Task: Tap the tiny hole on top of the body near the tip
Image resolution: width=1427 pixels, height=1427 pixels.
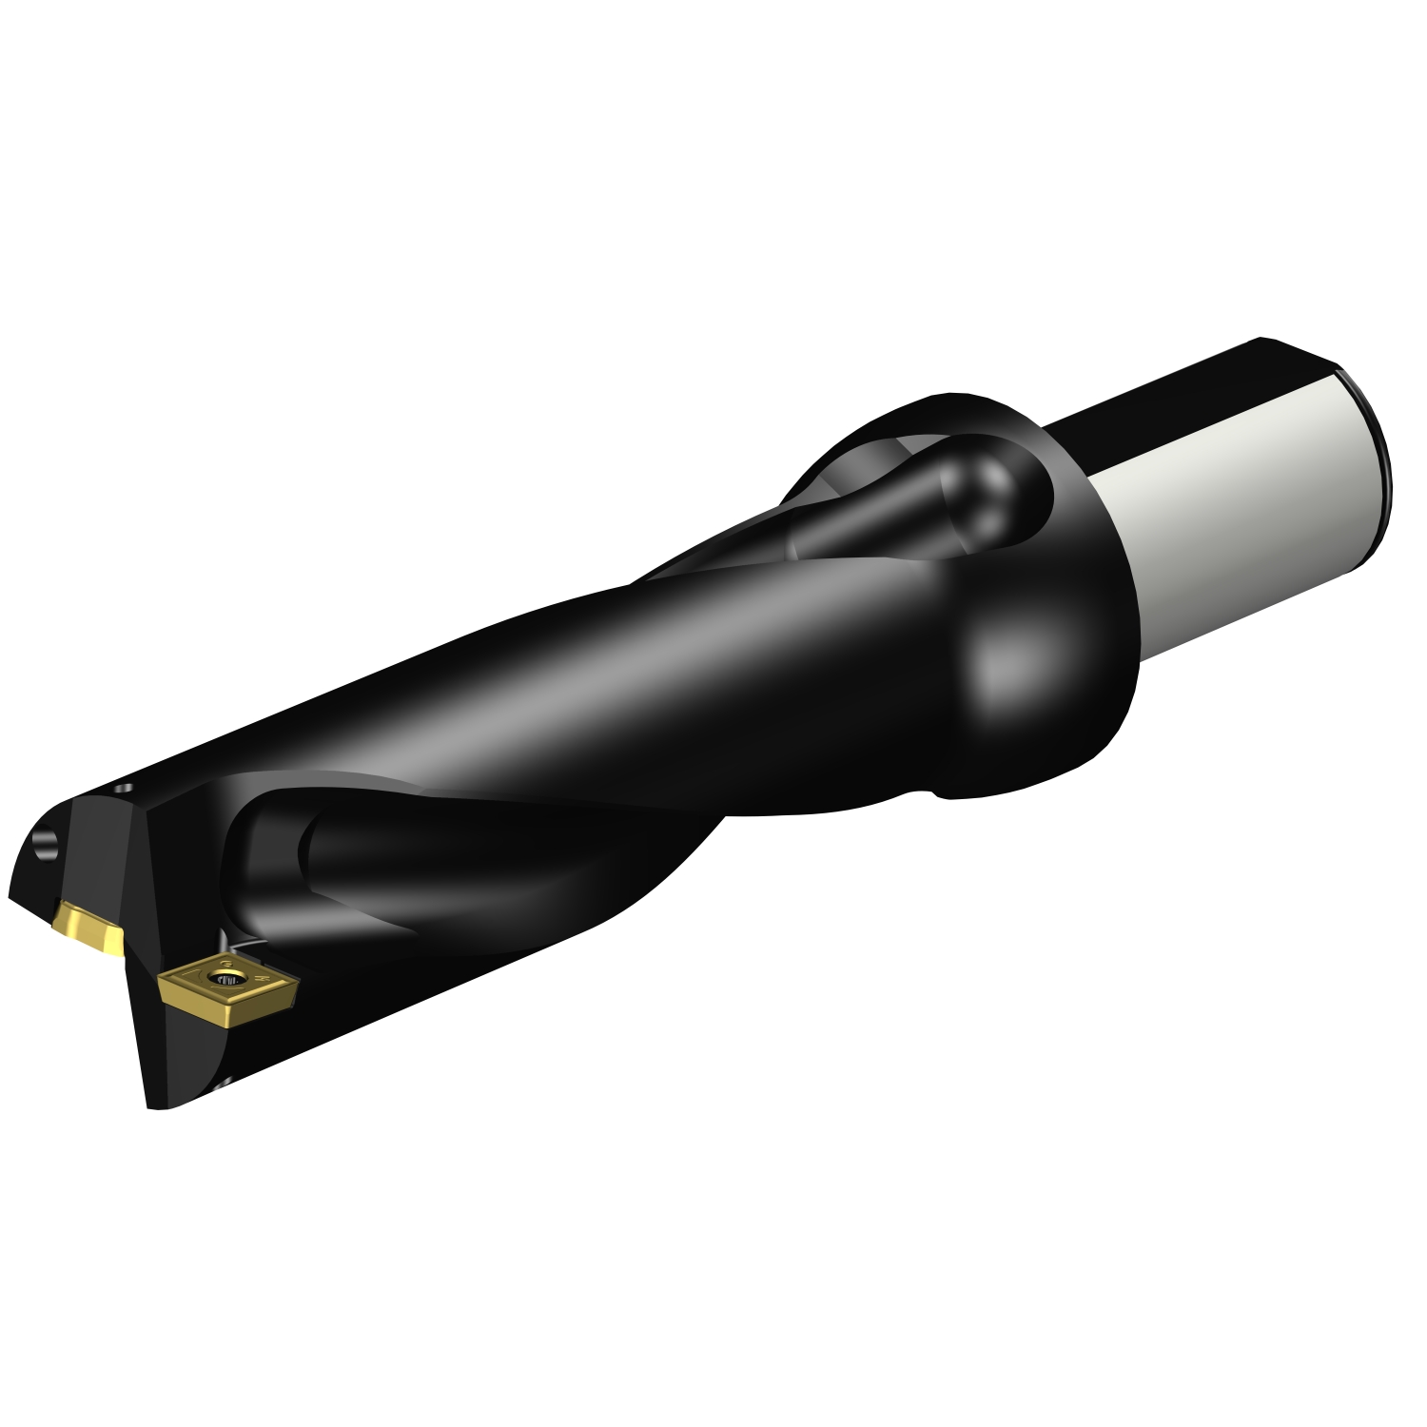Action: click(x=121, y=789)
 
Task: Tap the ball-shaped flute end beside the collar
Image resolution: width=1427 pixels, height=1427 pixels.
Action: click(x=985, y=495)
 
